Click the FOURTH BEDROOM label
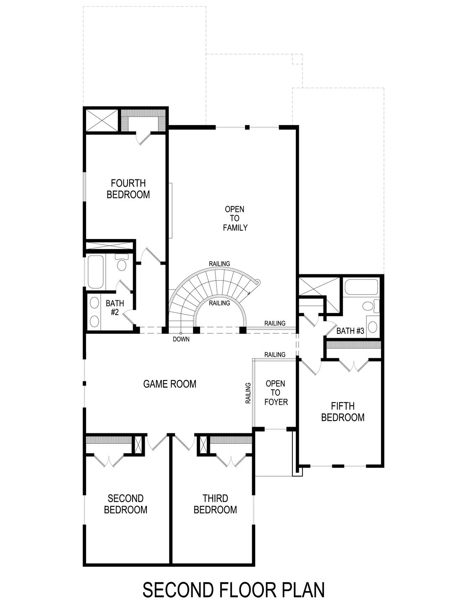pos(128,189)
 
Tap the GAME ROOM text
pos(170,384)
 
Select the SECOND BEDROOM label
pos(125,504)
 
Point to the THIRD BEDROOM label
pos(215,504)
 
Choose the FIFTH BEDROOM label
pos(342,411)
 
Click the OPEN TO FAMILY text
pos(235,218)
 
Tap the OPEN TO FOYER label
pos(276,393)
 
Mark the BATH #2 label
pos(115,307)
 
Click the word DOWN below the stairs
pos(181,339)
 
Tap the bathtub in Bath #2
pos(96,271)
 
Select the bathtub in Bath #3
pos(361,288)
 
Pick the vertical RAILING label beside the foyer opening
pos(248,393)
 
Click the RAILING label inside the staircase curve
pos(219,303)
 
